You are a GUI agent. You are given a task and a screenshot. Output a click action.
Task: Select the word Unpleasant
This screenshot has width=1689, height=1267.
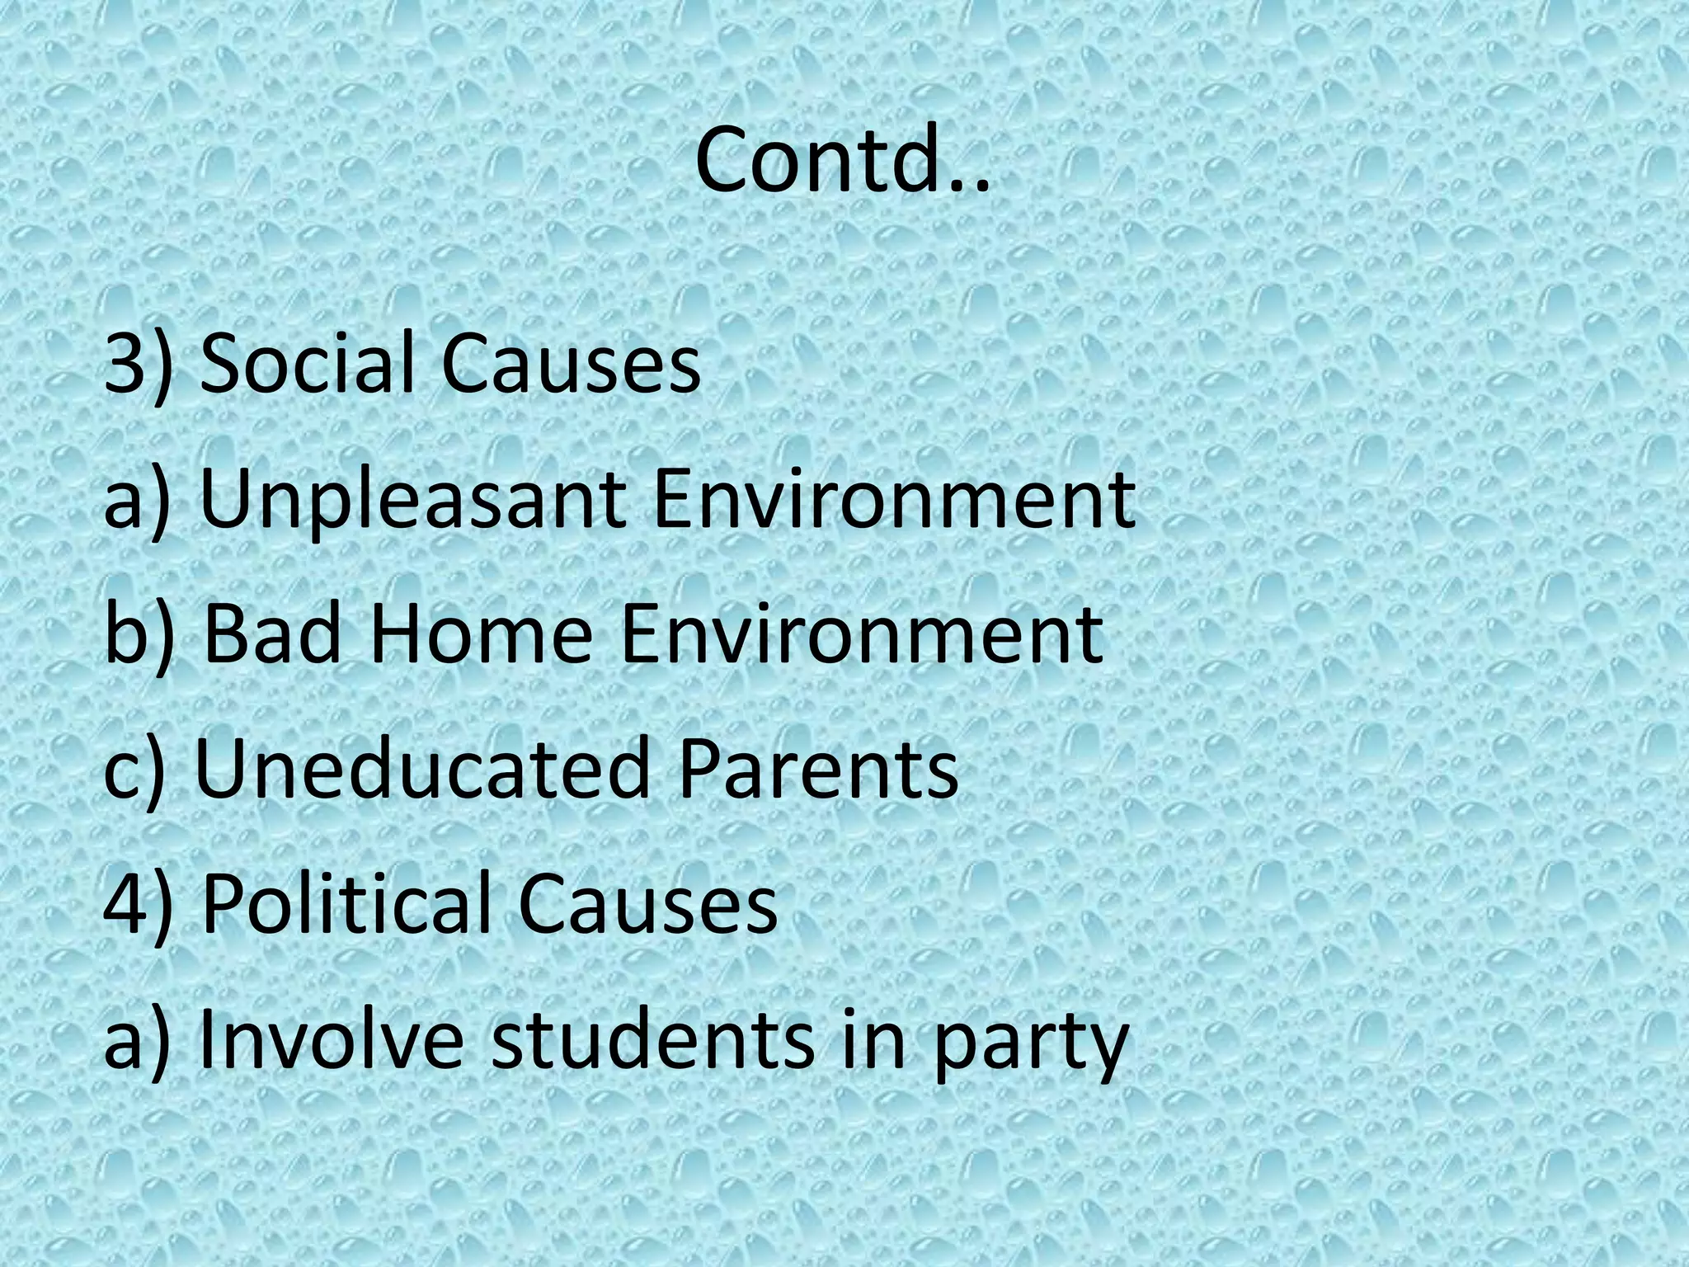[x=412, y=501]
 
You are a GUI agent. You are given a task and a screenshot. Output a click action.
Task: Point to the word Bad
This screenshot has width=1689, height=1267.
[x=273, y=634]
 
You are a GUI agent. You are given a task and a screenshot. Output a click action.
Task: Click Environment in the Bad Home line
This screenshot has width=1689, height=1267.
[x=862, y=634]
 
